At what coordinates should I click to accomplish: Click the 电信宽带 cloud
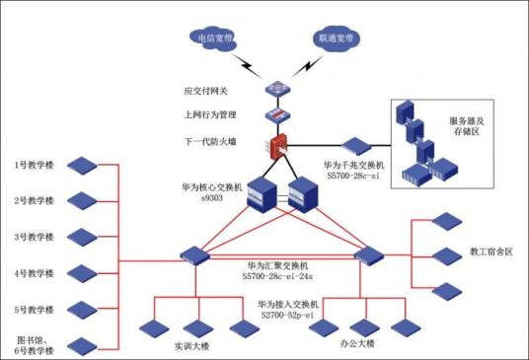(x=212, y=36)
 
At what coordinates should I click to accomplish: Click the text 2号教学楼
(x=34, y=200)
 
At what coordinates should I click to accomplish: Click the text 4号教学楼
(x=34, y=273)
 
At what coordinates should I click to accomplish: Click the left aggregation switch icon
(x=194, y=255)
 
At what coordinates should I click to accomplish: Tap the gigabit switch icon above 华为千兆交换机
(x=353, y=145)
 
